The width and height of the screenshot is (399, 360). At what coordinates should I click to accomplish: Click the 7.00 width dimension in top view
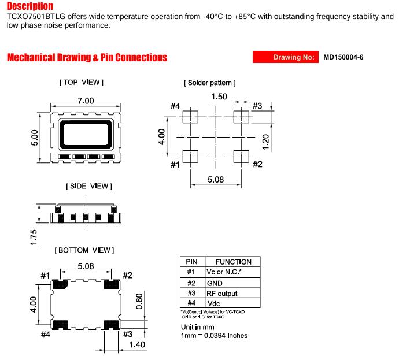point(86,101)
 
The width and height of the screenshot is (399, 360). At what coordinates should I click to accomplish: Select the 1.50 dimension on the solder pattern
point(219,97)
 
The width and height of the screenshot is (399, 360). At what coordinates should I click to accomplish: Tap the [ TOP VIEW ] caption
point(82,83)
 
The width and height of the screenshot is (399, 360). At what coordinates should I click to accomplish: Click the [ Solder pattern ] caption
point(210,83)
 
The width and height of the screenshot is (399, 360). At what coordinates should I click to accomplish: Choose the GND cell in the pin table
point(215,283)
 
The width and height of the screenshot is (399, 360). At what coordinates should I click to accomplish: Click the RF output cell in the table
point(222,294)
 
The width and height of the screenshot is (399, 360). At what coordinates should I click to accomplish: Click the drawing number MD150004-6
point(343,57)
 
